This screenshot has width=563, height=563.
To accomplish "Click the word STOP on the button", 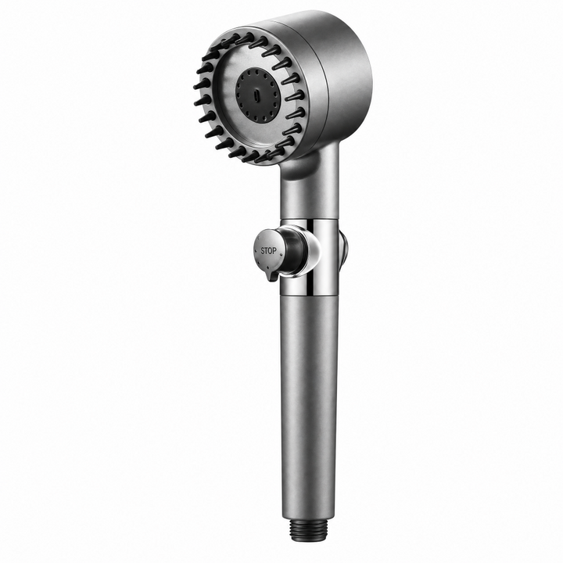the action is [x=268, y=251].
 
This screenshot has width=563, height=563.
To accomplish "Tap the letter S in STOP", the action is [x=263, y=251].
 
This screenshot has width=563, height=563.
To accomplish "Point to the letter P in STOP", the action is [x=274, y=250].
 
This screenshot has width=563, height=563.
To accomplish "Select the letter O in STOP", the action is [x=271, y=251].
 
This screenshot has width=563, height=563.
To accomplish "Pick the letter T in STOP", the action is [x=267, y=251].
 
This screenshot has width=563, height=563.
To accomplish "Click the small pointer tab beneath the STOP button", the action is [x=270, y=276].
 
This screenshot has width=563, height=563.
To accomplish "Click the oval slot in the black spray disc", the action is [x=256, y=96].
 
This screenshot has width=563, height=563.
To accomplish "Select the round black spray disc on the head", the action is [x=257, y=95].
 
